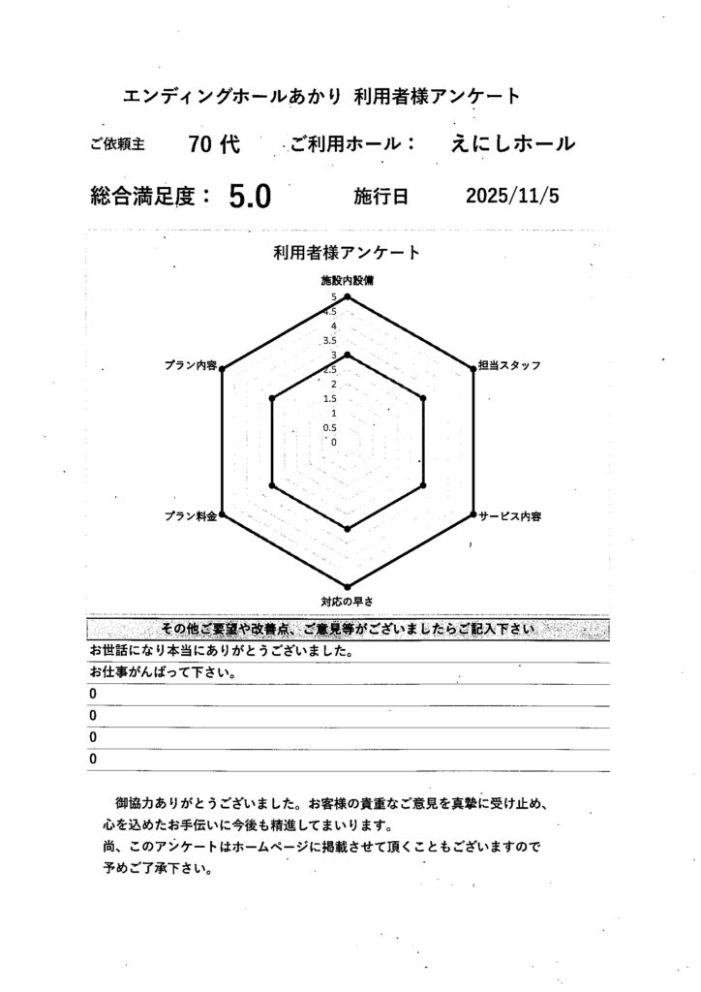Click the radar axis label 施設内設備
coord(348,280)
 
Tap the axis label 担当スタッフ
coord(509,366)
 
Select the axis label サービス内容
coord(510,516)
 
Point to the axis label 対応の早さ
coord(348,602)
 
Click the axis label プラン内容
coord(191,366)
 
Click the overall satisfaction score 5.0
coord(250,197)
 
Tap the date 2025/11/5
coord(512,196)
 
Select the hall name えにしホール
coord(513,144)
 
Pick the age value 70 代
coord(214,144)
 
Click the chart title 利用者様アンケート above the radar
coord(347,253)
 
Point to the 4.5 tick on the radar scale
coord(330,311)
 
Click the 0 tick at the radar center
coord(334,442)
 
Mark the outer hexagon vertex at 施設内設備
coord(348,296)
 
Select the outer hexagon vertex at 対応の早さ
coord(348,585)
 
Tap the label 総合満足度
coord(150,197)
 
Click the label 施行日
coord(381,197)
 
